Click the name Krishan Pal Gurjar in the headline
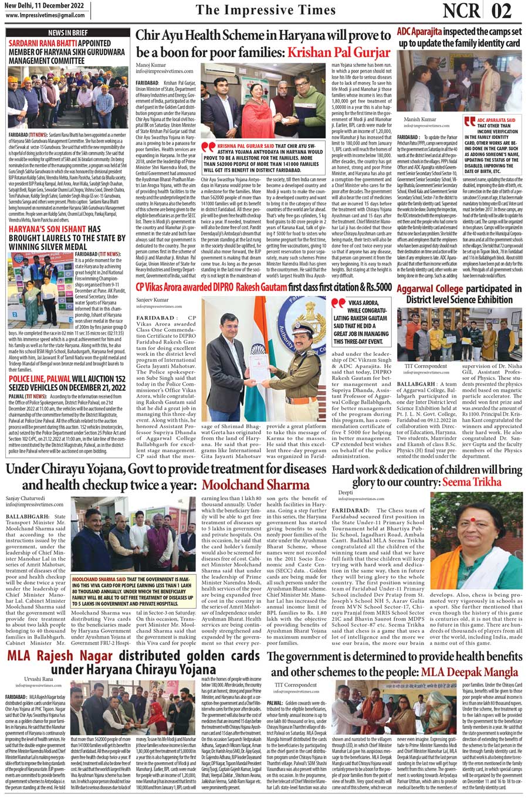(x=339, y=53)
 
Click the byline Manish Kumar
(x=420, y=120)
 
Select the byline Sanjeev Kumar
(x=152, y=300)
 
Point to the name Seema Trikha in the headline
(x=473, y=481)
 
